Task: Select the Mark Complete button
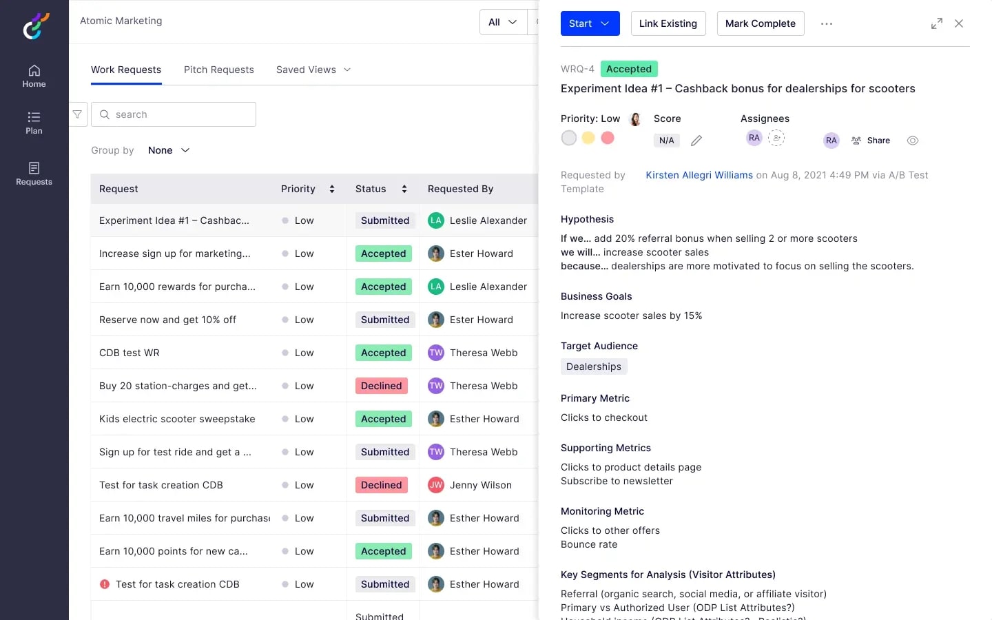coord(760,23)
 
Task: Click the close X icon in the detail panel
coord(959,23)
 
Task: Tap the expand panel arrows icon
coord(936,23)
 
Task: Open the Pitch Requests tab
coord(218,70)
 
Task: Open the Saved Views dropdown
coord(313,70)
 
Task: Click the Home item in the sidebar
coord(34,76)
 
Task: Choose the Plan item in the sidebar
coord(34,123)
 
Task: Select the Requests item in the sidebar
coord(34,174)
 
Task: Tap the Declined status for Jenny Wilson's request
coord(381,485)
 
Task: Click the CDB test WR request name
coord(130,353)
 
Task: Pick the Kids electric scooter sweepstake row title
coord(177,419)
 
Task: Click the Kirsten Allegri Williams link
coord(699,175)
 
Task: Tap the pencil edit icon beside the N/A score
coord(696,141)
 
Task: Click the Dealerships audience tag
coord(593,366)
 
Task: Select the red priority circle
coord(608,138)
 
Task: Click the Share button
coord(871,141)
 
